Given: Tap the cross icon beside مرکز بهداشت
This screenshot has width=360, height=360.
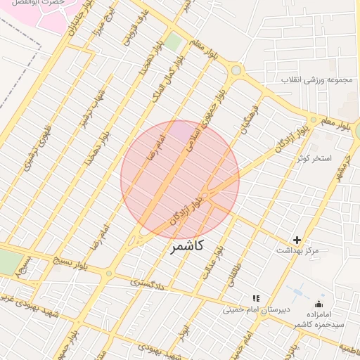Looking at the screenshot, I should click(297, 240).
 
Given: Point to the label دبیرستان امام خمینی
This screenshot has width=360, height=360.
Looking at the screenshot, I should click(251, 309).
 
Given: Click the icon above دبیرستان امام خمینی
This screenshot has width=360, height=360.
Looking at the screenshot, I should click(256, 298).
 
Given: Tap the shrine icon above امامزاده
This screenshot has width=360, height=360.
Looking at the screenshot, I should click(319, 304).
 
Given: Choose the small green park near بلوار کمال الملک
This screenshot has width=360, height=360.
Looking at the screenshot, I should click(173, 41).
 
